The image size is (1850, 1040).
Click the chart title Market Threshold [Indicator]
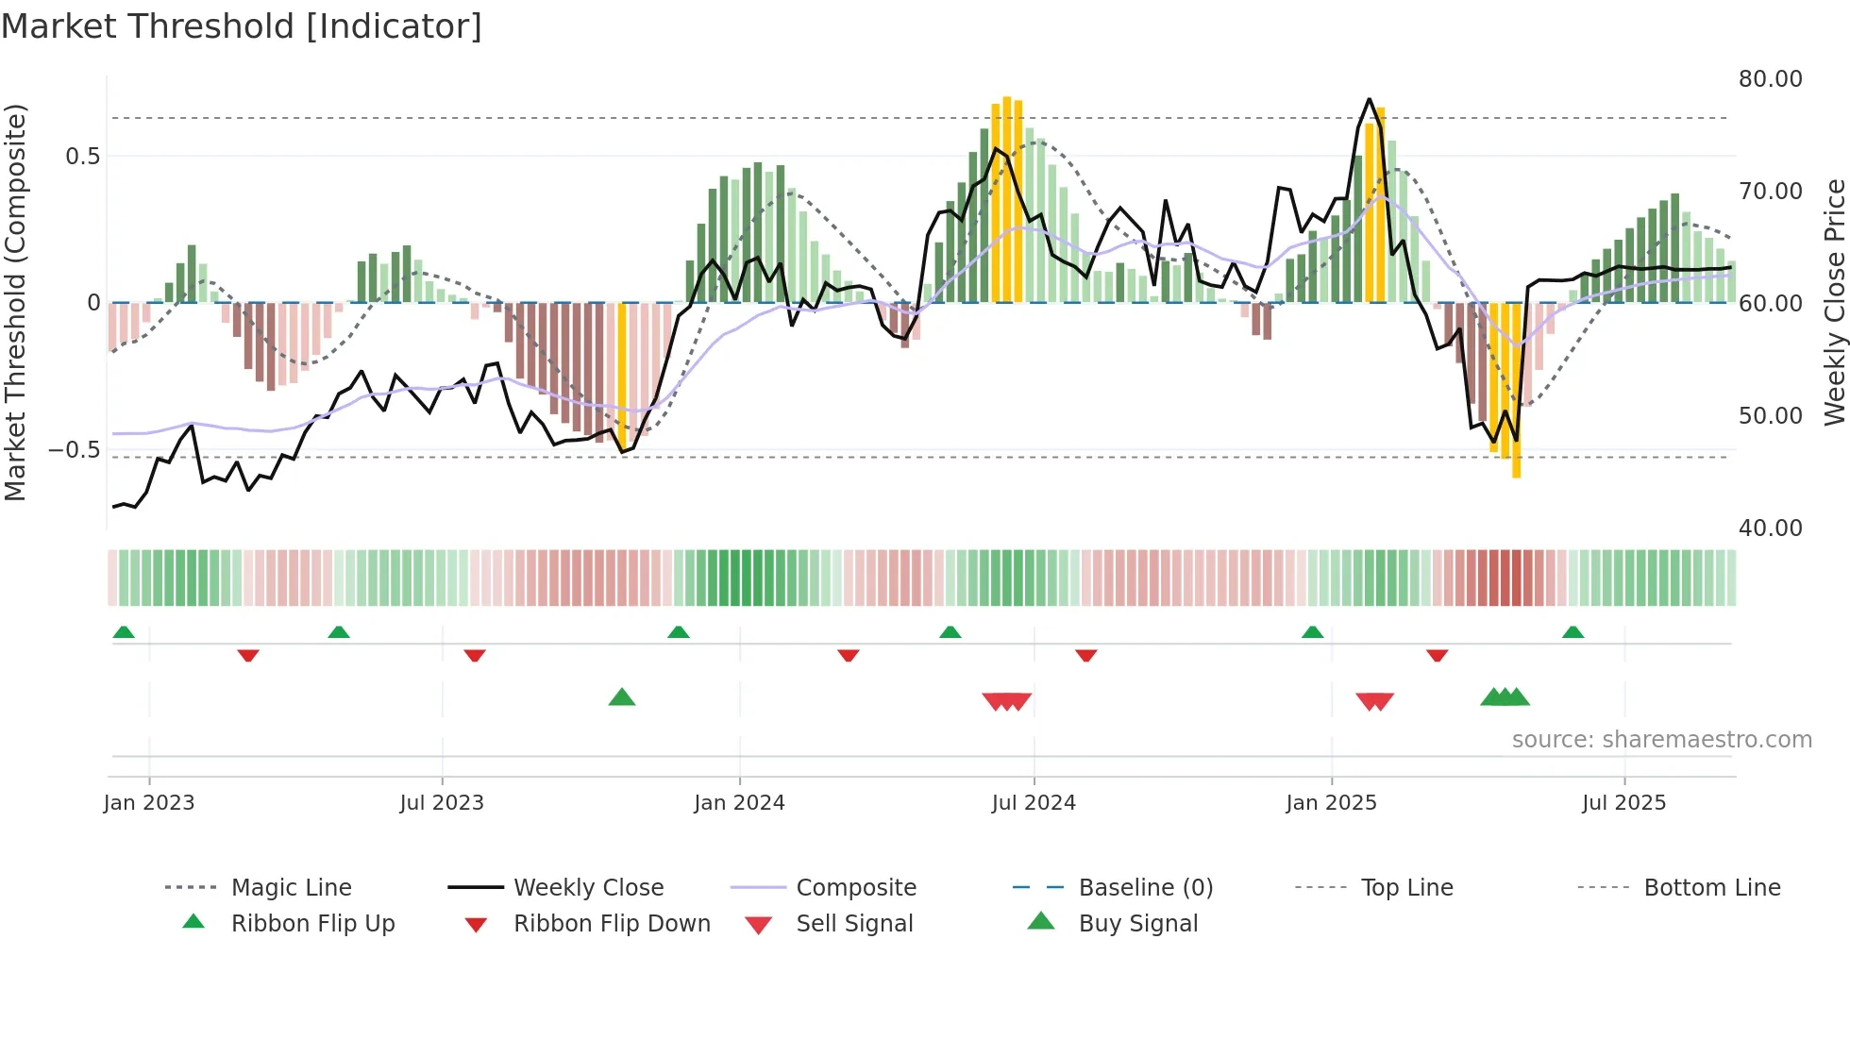(242, 26)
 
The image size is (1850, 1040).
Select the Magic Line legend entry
(291, 887)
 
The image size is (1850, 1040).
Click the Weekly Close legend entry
(588, 887)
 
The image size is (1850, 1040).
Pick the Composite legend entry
(855, 887)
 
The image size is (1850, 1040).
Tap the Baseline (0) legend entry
(1145, 887)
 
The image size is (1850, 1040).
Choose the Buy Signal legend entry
(1137, 923)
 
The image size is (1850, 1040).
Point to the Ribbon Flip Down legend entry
(611, 923)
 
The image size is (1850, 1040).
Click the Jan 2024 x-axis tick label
(739, 802)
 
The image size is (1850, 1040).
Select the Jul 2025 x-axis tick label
(1623, 802)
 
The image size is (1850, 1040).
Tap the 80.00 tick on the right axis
(1770, 79)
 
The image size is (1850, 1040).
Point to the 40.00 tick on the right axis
(1770, 528)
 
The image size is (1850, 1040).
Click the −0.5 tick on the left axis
(74, 449)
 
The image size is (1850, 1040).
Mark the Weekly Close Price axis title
(1833, 302)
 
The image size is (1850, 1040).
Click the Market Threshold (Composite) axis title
(15, 302)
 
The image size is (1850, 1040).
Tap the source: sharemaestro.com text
(1661, 739)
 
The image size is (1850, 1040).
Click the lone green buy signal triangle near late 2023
(622, 697)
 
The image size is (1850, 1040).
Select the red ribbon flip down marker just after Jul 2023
(475, 655)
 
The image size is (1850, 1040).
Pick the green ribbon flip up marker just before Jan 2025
(1312, 631)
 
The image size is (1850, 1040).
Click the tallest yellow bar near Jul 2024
(1007, 198)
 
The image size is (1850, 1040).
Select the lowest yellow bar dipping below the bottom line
(1516, 396)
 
